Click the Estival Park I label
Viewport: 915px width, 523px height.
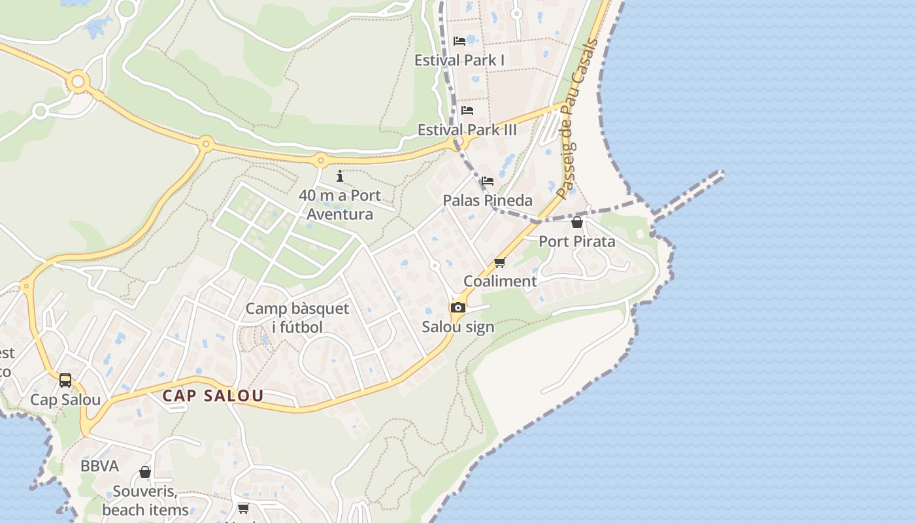click(459, 60)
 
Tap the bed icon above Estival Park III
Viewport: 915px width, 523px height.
click(467, 110)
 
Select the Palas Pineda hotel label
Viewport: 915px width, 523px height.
click(488, 200)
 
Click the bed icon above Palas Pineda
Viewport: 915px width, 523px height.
click(488, 181)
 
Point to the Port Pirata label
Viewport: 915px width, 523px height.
click(576, 241)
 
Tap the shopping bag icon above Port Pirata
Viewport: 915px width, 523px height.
click(576, 222)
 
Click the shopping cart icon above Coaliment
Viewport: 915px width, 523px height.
click(500, 262)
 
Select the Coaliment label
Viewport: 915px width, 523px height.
click(500, 281)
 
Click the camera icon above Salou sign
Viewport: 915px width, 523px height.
click(458, 307)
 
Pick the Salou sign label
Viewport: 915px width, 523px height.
click(458, 326)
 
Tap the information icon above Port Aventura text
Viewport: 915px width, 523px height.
click(340, 176)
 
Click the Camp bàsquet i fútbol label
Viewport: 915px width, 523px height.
click(297, 317)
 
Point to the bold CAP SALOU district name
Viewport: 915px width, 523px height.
click(213, 396)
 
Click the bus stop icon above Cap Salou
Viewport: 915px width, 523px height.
click(65, 380)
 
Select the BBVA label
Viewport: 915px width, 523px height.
click(99, 466)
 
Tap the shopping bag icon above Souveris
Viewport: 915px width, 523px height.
click(145, 472)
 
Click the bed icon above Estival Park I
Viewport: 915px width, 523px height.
click(459, 41)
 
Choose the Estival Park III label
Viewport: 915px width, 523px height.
click(467, 129)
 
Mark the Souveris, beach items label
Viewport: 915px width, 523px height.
click(145, 500)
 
